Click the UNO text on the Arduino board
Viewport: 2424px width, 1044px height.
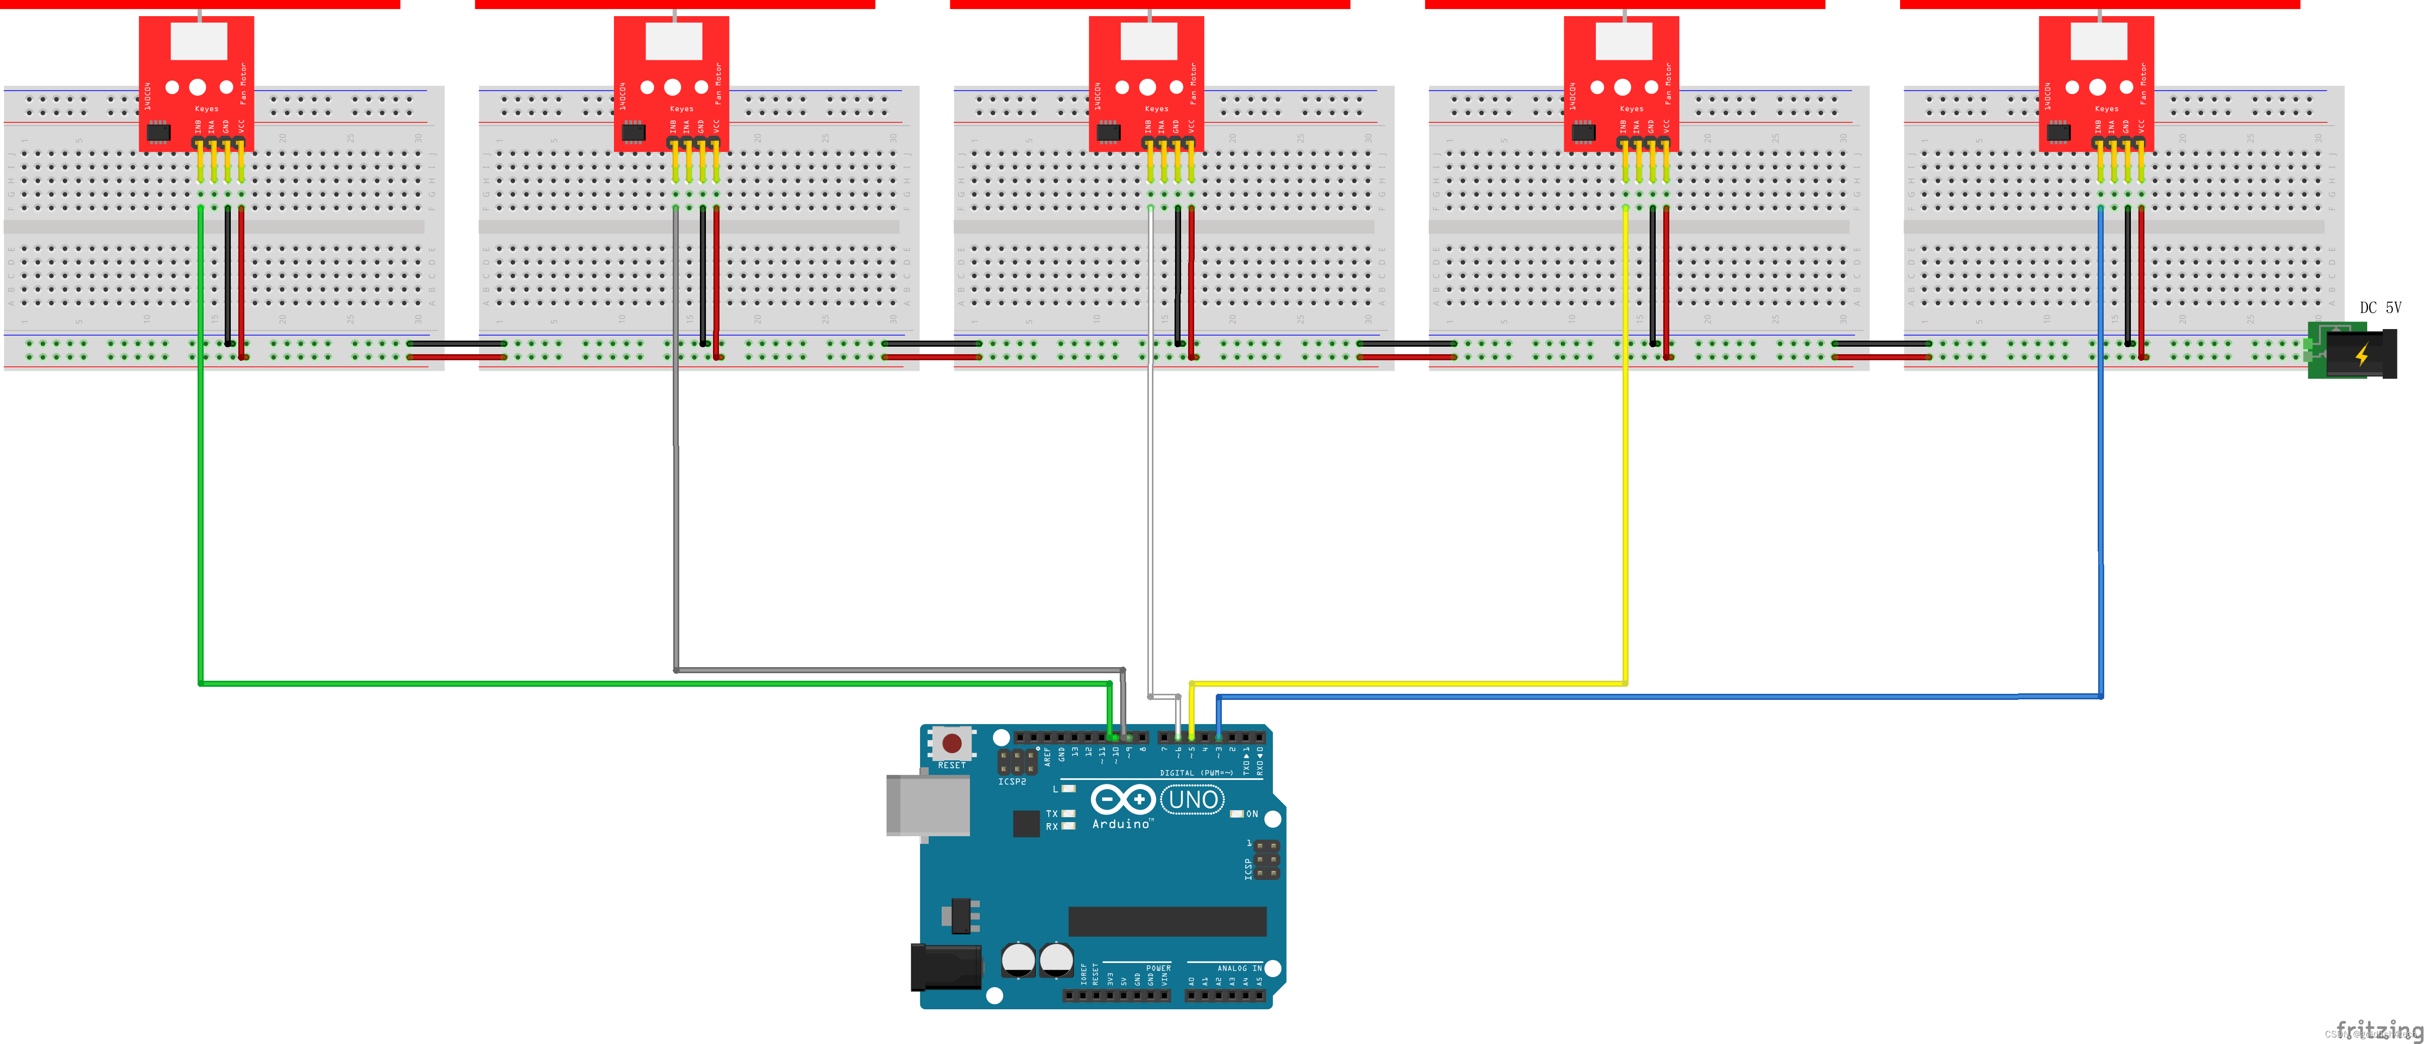pyautogui.click(x=1193, y=800)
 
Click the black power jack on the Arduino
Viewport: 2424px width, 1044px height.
pyautogui.click(x=946, y=968)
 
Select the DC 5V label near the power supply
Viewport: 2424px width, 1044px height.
pyautogui.click(x=2380, y=308)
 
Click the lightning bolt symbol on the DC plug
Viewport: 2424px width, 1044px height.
pyautogui.click(x=2362, y=355)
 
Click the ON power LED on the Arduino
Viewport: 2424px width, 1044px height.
pyautogui.click(x=1237, y=814)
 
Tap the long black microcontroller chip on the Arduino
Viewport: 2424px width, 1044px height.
pyautogui.click(x=1167, y=922)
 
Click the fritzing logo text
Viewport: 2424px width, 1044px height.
pyautogui.click(x=2379, y=1029)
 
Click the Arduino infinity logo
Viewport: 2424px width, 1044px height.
pyautogui.click(x=1123, y=800)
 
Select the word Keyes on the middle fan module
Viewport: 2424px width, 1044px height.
pyautogui.click(x=1156, y=109)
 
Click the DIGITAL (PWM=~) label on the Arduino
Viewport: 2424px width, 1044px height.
pyautogui.click(x=1190, y=773)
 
